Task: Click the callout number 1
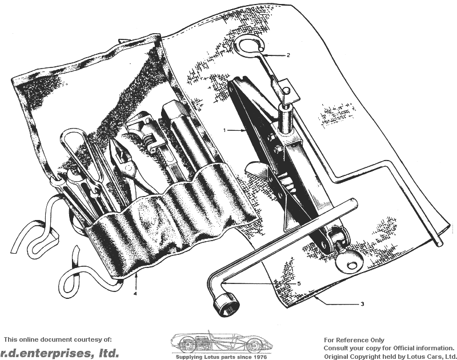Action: coord(225,130)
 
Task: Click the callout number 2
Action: coord(288,55)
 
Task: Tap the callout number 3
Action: coord(362,304)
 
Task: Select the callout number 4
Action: coord(135,294)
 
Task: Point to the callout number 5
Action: coord(299,283)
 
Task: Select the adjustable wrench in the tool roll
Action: coord(146,134)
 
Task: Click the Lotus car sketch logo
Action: coord(222,342)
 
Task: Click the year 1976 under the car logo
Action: coord(260,357)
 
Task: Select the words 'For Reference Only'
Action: coord(354,340)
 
